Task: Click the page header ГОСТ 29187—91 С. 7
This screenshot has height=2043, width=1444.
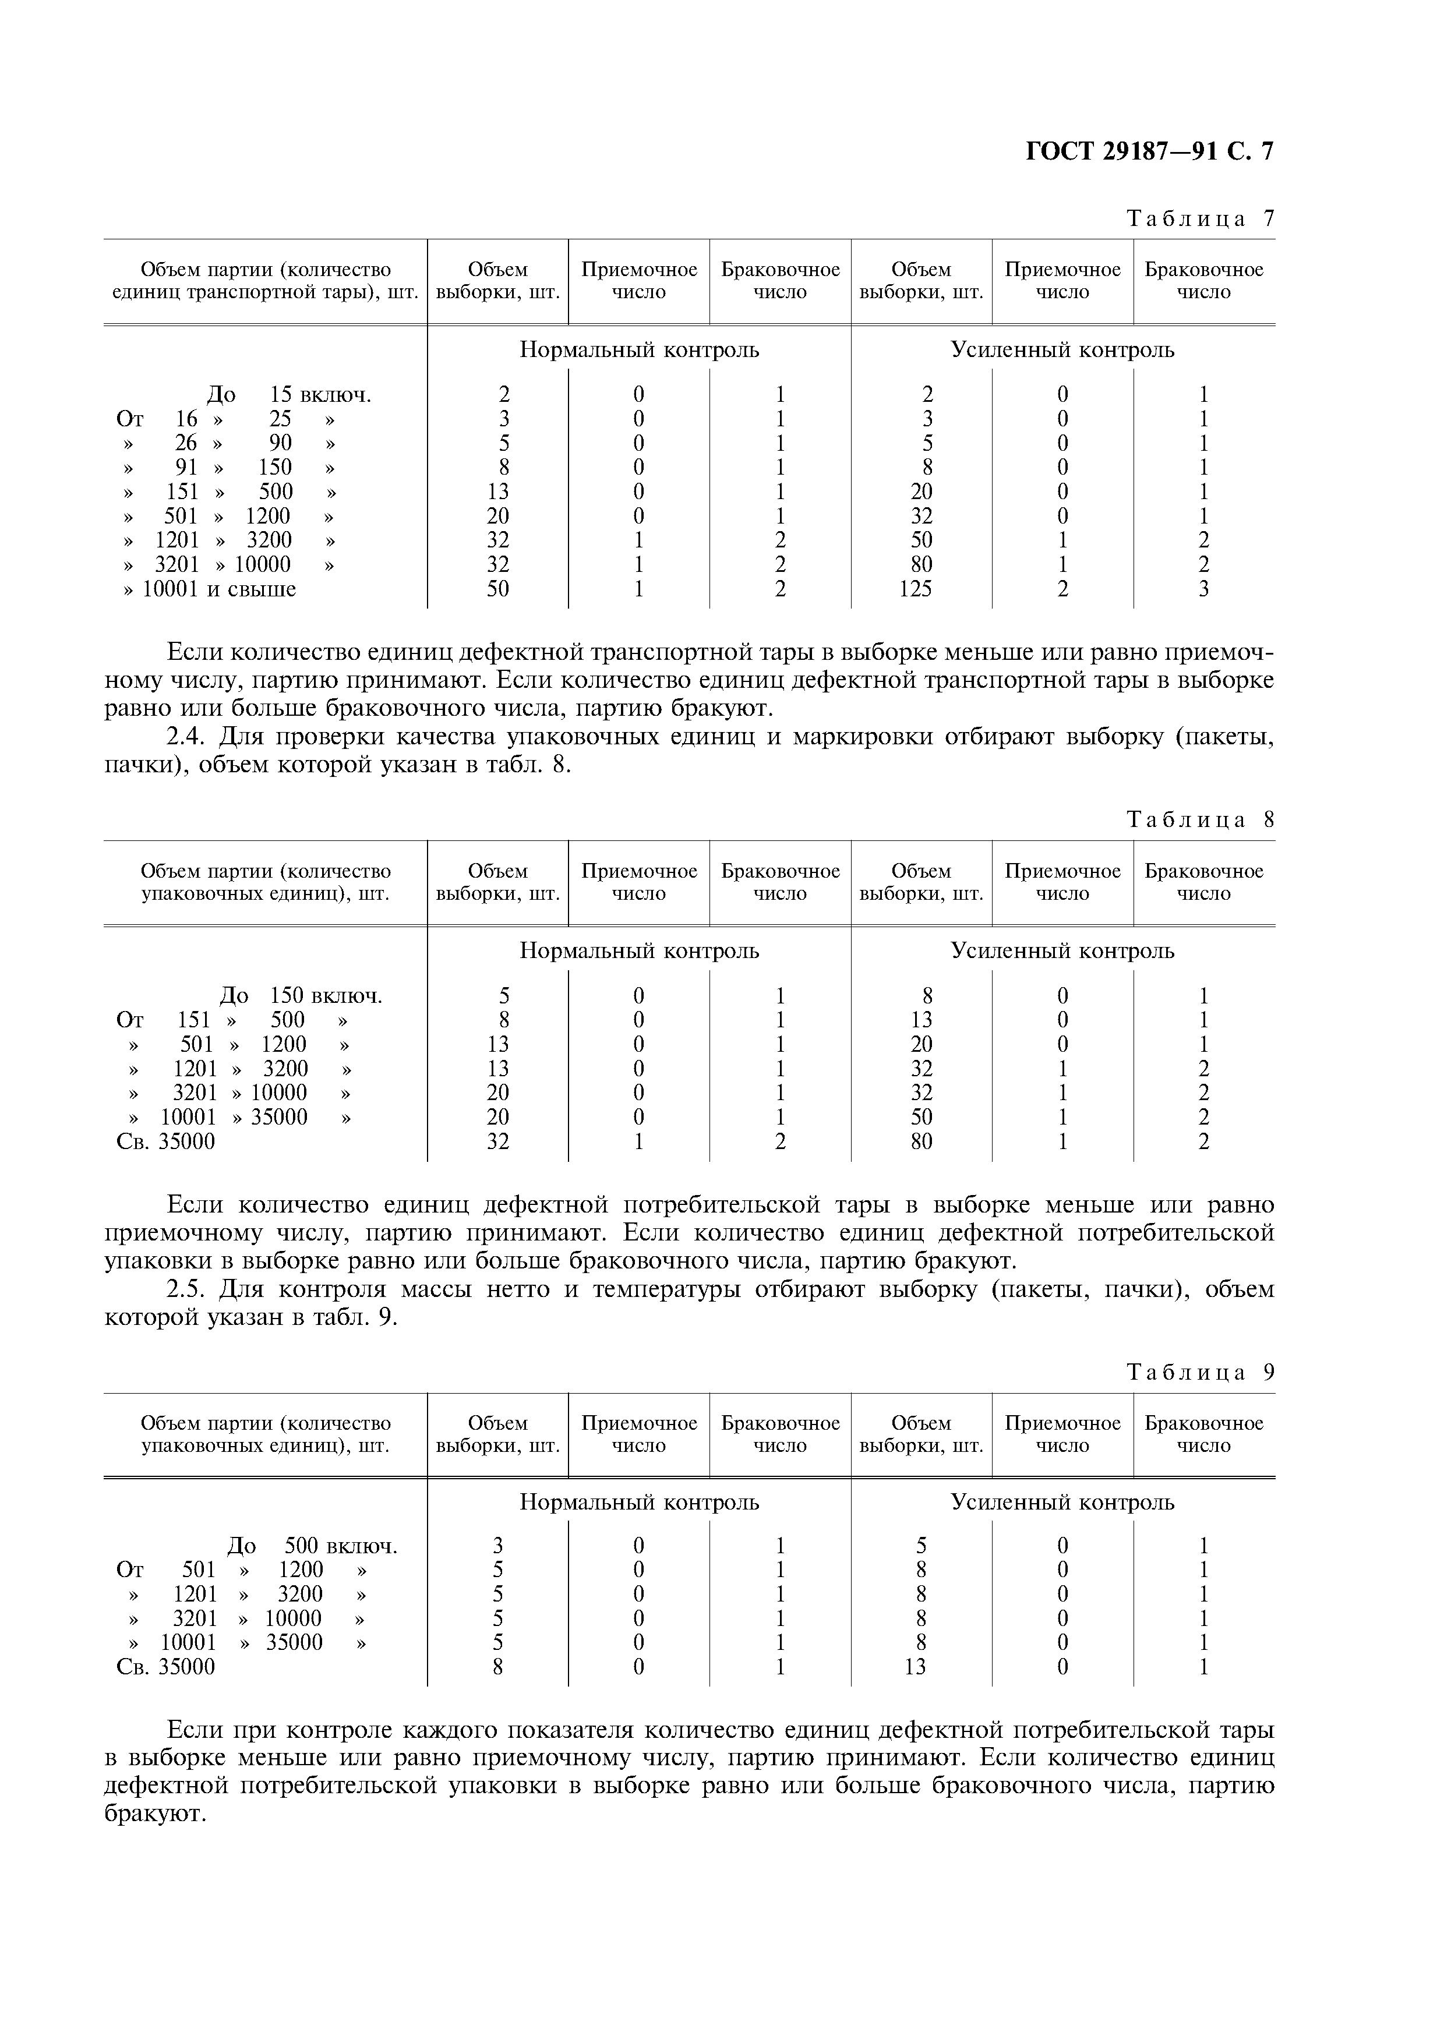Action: [1149, 152]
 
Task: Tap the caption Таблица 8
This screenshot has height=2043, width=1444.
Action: [1200, 819]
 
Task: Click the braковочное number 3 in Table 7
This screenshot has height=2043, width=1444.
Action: [1204, 589]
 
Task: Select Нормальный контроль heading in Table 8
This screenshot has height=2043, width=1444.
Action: [639, 951]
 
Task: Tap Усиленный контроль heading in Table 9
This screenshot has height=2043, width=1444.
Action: [1062, 1503]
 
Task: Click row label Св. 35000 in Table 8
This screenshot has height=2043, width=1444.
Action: [165, 1141]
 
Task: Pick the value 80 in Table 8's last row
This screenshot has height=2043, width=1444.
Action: [922, 1141]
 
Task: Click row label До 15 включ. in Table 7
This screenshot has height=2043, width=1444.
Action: [289, 394]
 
